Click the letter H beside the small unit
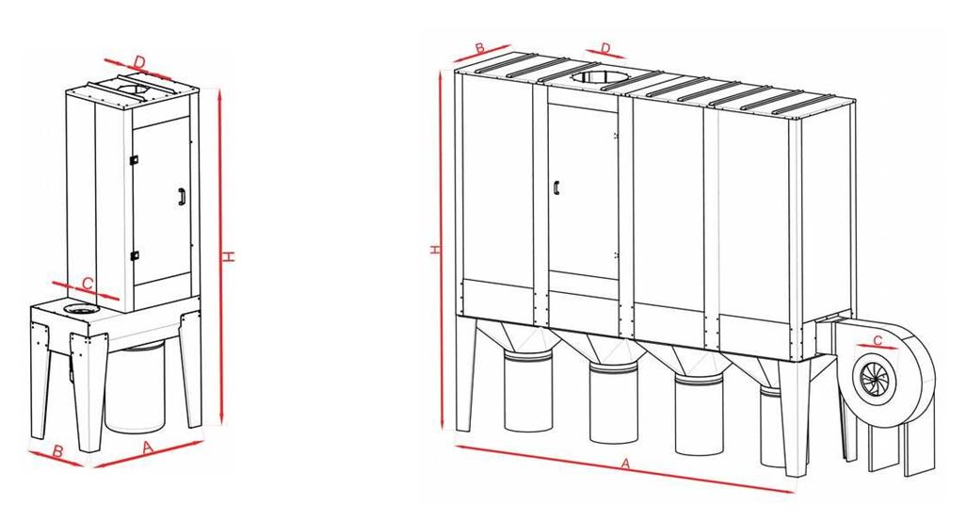(229, 256)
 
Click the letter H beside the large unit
(436, 250)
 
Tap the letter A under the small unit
(148, 448)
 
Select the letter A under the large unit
(626, 464)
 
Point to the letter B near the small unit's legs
(58, 451)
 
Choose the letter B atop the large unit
(481, 47)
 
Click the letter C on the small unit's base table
(88, 284)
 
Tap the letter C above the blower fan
(877, 340)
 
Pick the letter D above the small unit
(140, 62)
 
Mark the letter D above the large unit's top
(605, 48)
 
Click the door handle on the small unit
(182, 196)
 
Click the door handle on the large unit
(555, 187)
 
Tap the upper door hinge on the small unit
(134, 159)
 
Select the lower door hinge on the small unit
(135, 255)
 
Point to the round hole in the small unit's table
(78, 308)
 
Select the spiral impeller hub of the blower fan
(873, 378)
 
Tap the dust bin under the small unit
(135, 387)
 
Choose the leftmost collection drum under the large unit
(528, 390)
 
